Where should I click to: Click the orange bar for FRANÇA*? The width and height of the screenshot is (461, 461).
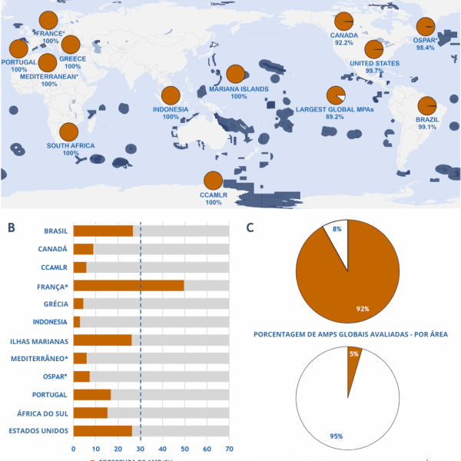tap(128, 286)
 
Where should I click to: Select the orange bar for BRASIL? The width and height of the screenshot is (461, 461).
tap(103, 230)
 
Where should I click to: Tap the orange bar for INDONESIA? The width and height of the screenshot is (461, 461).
tap(77, 322)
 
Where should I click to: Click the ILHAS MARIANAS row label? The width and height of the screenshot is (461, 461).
tap(39, 340)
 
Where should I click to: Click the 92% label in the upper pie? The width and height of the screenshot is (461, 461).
tap(363, 308)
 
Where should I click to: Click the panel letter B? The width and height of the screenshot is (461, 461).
tap(11, 227)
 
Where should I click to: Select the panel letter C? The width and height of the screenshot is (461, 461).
tap(250, 227)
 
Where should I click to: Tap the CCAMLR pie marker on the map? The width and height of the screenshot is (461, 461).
tap(213, 181)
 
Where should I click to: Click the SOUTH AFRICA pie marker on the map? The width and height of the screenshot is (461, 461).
tap(68, 132)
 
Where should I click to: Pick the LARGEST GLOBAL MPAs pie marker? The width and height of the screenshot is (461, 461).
tap(336, 95)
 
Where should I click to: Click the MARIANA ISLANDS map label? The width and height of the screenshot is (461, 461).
tap(239, 89)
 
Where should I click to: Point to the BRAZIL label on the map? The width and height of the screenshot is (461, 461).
tap(427, 120)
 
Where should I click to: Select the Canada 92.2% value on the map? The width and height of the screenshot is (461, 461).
tap(343, 43)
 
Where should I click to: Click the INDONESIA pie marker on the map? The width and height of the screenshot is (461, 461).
tap(171, 96)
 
